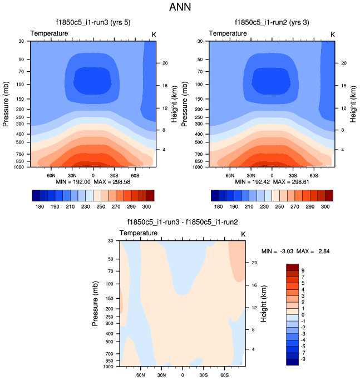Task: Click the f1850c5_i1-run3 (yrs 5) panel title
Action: click(93, 23)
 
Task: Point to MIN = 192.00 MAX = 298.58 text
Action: click(93, 182)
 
